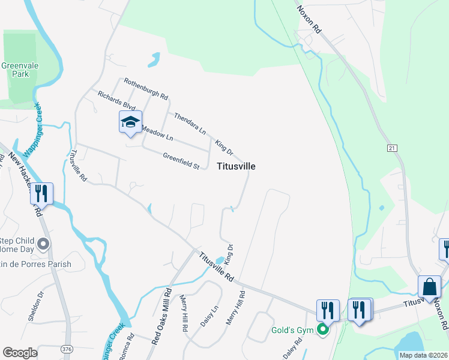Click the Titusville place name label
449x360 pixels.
(235, 166)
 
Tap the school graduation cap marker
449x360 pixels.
(130, 122)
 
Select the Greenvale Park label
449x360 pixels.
(16, 70)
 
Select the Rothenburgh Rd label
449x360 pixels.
(146, 88)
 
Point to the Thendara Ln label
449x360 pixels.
(190, 122)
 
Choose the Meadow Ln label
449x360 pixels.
(157, 135)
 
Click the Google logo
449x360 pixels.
(20, 353)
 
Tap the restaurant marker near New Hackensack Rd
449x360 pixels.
(41, 193)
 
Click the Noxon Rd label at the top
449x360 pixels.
(310, 19)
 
